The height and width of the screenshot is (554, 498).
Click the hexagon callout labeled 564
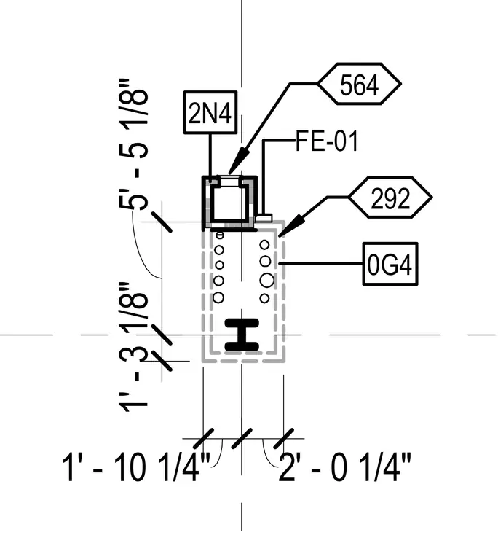pos(359,84)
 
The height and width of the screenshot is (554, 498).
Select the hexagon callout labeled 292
pos(390,197)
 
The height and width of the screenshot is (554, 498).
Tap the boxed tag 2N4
pos(210,112)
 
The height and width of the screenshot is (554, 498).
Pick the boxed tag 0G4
pos(390,264)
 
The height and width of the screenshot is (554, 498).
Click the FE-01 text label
pos(327,141)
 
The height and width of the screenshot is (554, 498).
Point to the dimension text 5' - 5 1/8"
pos(133,145)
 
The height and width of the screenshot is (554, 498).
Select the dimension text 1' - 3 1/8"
pos(133,347)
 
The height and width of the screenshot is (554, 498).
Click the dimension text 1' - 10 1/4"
pos(136,468)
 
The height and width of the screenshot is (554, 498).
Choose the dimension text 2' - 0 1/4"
pos(345,468)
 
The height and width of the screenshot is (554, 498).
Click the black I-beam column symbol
pos(242,335)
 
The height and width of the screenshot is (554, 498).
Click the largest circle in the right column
pos(266,280)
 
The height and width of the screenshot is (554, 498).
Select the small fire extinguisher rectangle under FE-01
pos(264,218)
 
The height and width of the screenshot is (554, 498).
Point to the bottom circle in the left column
pos(218,297)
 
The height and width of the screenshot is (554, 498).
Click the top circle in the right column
pos(265,244)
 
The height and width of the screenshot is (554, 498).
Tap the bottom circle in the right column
pos(264,299)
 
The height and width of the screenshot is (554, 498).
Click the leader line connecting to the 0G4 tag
pos(321,264)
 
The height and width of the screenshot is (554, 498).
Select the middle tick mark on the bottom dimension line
pos(242,439)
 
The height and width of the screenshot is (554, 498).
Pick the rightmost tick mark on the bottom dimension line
pos(284,439)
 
